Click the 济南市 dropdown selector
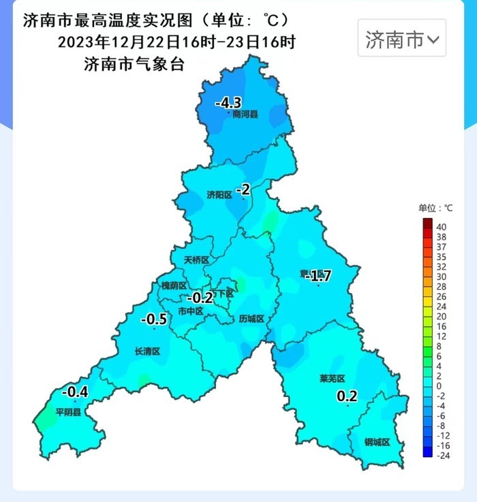coord(402,40)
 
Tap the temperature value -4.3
coord(228,103)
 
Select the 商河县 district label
coord(245,114)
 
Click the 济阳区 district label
coord(219,195)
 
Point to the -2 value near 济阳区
coord(243,190)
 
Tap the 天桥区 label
coord(196,260)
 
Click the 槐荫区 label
coord(174,285)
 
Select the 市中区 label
coord(190,311)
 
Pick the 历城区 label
coord(251,319)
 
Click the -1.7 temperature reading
coord(318,276)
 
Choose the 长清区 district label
coord(147,351)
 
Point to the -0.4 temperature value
coord(75,392)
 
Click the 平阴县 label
coord(68,412)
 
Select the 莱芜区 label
coord(333,378)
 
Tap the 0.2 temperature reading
coord(348,396)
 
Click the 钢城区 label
coord(377,442)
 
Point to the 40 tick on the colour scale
coord(441,227)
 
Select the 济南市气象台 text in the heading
coord(134,65)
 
